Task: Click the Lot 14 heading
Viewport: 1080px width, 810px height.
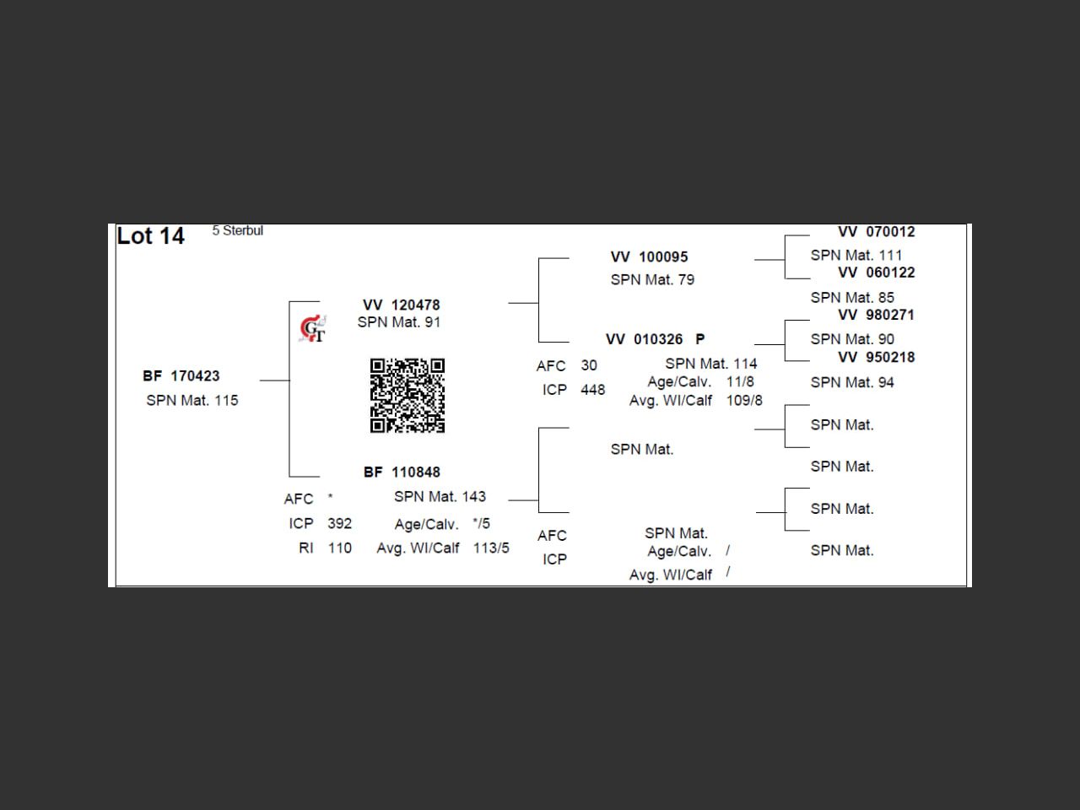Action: click(150, 236)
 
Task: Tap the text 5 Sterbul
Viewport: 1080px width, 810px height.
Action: click(237, 230)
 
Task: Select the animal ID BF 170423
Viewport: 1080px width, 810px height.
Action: click(181, 376)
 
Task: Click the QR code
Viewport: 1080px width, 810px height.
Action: click(408, 396)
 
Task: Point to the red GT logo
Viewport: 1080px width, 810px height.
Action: click(312, 328)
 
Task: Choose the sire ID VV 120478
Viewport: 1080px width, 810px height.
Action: click(402, 305)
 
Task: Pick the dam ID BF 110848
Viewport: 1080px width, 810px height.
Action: click(402, 472)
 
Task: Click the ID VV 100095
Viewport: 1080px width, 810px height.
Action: click(649, 256)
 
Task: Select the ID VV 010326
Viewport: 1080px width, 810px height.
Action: click(645, 339)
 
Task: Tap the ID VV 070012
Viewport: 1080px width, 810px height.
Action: click(876, 232)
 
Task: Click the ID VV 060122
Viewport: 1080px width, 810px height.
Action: click(876, 273)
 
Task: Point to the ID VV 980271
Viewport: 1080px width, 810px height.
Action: click(876, 315)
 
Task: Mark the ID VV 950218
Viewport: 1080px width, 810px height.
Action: click(876, 357)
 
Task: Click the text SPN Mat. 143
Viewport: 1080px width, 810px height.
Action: click(440, 496)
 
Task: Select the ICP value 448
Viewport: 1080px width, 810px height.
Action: click(592, 390)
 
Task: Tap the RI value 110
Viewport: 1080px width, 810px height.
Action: click(339, 548)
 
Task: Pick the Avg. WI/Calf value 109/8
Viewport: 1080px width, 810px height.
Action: click(744, 400)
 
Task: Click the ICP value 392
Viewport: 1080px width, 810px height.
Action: click(339, 523)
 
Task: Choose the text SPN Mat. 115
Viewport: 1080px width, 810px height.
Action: click(192, 400)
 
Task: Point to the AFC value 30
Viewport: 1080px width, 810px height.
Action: click(588, 365)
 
